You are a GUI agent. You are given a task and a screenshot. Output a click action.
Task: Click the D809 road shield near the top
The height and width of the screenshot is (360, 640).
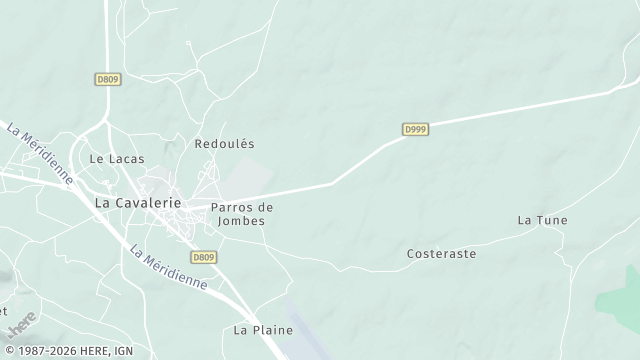tap(109, 79)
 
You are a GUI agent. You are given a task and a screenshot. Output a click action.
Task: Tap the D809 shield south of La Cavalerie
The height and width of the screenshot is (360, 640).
tap(203, 257)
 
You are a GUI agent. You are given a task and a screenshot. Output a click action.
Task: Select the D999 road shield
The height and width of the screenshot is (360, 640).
tap(416, 130)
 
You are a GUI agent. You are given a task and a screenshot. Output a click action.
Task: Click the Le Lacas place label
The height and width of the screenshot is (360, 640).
tap(117, 159)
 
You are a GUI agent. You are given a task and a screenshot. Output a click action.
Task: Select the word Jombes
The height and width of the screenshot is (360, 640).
tap(241, 220)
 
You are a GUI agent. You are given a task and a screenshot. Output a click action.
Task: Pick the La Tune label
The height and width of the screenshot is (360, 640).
tap(542, 220)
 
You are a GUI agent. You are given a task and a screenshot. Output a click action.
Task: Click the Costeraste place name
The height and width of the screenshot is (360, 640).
tap(441, 254)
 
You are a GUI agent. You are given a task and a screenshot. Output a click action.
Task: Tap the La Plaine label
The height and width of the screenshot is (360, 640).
tap(263, 329)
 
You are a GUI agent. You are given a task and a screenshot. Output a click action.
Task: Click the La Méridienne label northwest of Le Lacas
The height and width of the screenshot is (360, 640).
tap(40, 153)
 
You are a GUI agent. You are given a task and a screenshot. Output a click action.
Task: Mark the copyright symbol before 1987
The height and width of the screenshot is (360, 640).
tap(8, 351)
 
